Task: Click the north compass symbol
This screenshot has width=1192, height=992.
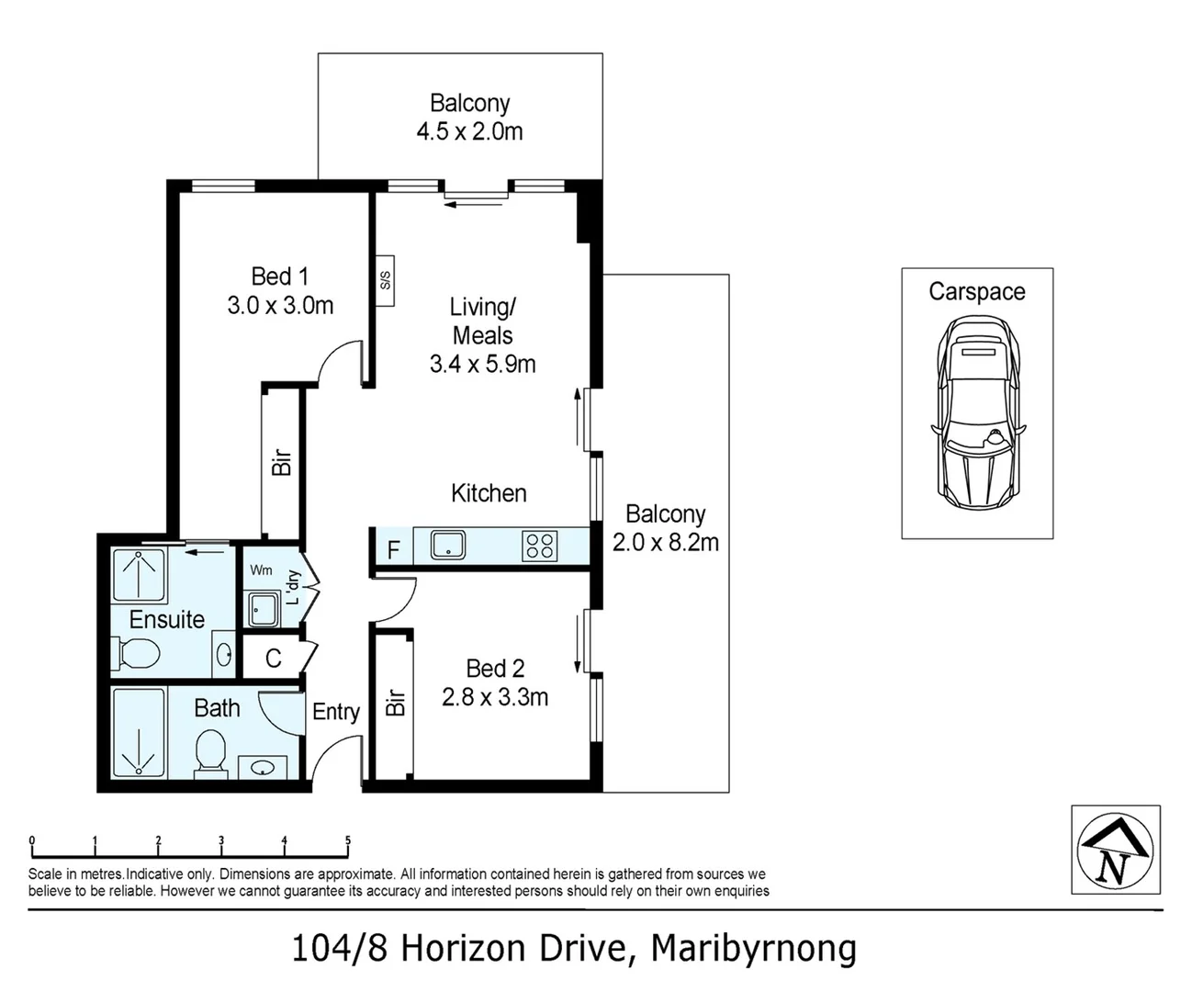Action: [x=1115, y=850]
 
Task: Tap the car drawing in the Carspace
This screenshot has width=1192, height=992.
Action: [x=976, y=411]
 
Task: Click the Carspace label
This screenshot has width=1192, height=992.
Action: [x=976, y=292]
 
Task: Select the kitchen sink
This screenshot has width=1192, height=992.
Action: [x=447, y=546]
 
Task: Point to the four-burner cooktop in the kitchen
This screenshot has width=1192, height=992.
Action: [x=539, y=546]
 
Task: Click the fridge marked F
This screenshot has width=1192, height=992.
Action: [x=393, y=550]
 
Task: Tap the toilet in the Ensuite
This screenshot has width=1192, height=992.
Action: [x=136, y=654]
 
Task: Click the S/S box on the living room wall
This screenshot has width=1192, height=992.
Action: [x=385, y=278]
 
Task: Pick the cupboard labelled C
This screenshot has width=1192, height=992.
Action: [x=273, y=658]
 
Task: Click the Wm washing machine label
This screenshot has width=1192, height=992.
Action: [x=261, y=570]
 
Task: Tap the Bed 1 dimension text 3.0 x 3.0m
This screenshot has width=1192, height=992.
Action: [x=280, y=306]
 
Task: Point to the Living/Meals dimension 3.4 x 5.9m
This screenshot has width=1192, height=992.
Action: [x=482, y=364]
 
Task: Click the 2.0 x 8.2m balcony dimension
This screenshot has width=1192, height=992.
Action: [x=665, y=543]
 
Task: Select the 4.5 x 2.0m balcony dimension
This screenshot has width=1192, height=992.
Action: [x=469, y=131]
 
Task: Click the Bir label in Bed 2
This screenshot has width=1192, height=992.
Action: [x=395, y=703]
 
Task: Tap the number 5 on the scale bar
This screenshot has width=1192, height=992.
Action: [x=347, y=840]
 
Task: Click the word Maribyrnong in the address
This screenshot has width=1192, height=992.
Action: [x=753, y=948]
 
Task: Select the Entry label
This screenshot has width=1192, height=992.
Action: [x=335, y=712]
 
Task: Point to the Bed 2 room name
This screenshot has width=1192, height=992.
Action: [x=495, y=669]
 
